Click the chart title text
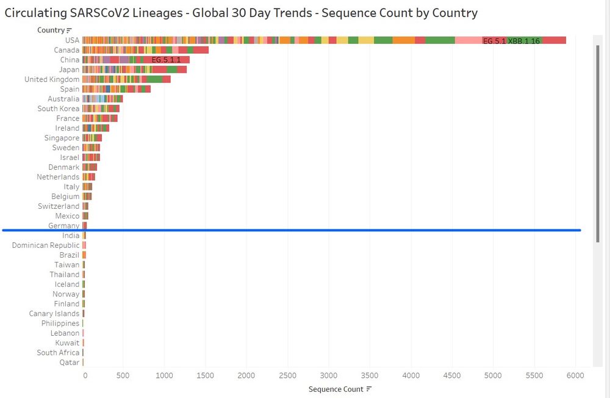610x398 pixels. (241, 13)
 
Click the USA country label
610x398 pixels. (72, 40)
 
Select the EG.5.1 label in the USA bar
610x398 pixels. (494, 41)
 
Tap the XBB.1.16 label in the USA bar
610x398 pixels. (524, 41)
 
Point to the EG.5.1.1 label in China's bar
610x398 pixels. (166, 60)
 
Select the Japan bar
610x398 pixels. (134, 70)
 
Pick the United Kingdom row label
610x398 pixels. (52, 79)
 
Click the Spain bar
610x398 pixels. (116, 89)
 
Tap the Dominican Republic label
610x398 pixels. (46, 245)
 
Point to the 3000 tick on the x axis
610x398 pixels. (329, 375)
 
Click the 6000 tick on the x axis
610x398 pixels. (575, 375)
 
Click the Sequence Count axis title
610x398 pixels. (335, 389)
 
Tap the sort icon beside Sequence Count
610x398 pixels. (369, 389)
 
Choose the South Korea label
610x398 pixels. (58, 109)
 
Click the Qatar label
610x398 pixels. (68, 363)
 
